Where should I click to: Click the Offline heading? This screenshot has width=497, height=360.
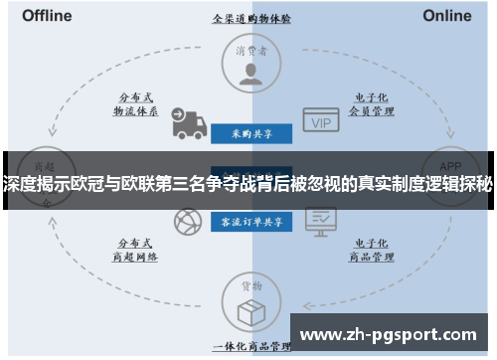click(x=46, y=16)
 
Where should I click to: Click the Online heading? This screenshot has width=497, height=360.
click(x=447, y=16)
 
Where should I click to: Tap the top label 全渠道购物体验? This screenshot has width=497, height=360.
click(x=251, y=18)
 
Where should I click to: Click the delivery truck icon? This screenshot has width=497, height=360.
click(x=186, y=122)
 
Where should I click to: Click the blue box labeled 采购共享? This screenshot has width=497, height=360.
click(x=251, y=131)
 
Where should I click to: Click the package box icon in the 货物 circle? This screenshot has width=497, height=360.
click(x=251, y=310)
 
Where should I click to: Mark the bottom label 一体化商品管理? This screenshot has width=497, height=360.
click(x=251, y=345)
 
